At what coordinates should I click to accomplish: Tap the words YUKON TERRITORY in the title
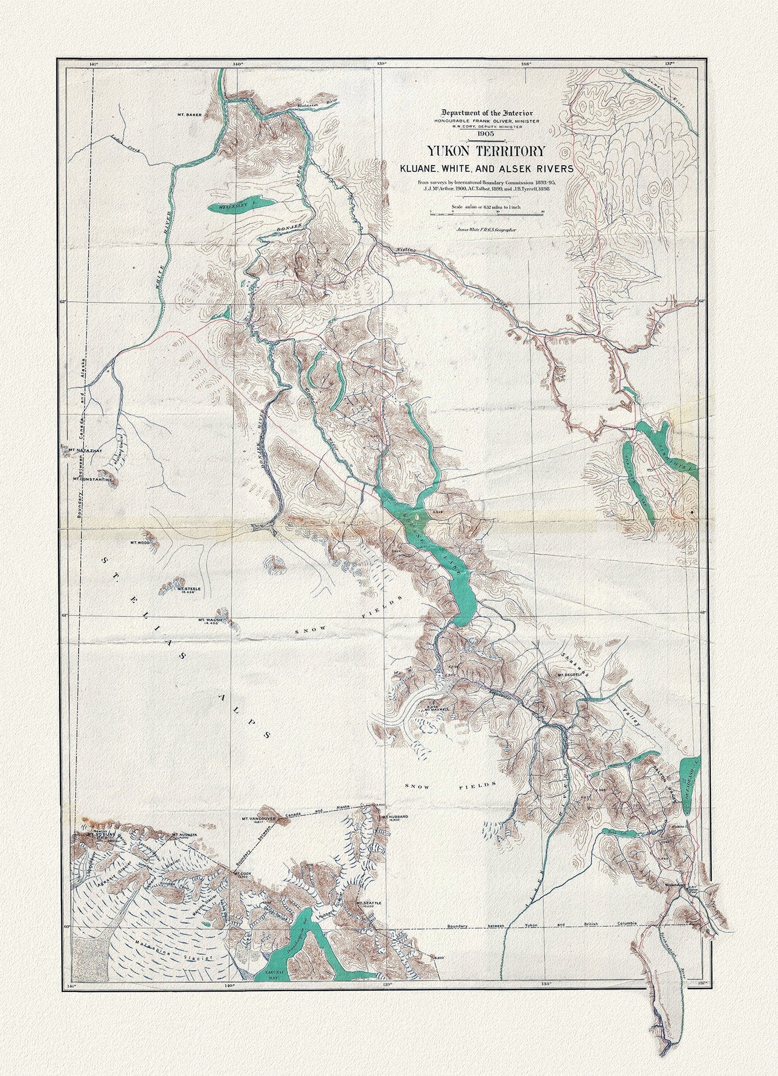486,152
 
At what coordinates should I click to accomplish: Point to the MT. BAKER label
189,115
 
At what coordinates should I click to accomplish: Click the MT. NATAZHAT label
81,448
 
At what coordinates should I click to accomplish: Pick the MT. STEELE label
188,589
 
